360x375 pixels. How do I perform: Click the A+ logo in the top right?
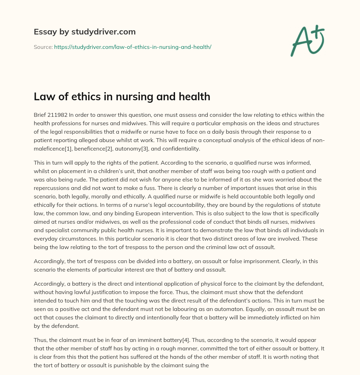pyautogui.click(x=307, y=41)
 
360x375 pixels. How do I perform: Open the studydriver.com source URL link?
pyautogui.click(x=133, y=47)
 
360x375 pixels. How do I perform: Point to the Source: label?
pyautogui.click(x=43, y=47)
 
